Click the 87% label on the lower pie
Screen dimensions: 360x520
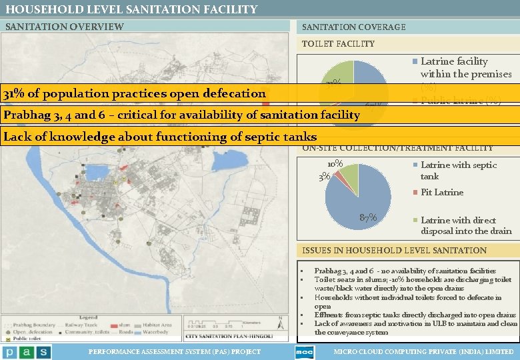click(x=367, y=217)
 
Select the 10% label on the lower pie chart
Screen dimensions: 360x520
click(x=335, y=163)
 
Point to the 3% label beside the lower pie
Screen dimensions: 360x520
click(x=325, y=176)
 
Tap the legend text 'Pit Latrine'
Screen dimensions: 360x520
click(x=441, y=192)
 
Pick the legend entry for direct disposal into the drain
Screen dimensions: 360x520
click(x=465, y=225)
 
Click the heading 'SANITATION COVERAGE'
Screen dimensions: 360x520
click(x=353, y=27)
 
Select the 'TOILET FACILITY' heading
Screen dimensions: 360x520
click(x=338, y=44)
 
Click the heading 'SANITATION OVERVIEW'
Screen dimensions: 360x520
click(x=64, y=27)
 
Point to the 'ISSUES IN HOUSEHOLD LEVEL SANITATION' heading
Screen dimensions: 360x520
click(x=395, y=250)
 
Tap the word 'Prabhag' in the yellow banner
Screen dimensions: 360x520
click(x=25, y=115)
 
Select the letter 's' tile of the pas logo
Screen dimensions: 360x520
click(x=43, y=351)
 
